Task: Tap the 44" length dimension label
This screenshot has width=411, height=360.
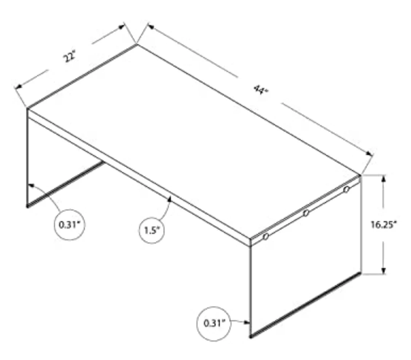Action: pyautogui.click(x=261, y=90)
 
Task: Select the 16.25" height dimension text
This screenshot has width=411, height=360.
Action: pyautogui.click(x=383, y=225)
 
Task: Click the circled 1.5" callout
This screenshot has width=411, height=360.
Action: pyautogui.click(x=151, y=230)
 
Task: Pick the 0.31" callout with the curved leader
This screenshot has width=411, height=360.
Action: pyautogui.click(x=70, y=225)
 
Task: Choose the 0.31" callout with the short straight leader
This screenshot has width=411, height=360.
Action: pyautogui.click(x=214, y=324)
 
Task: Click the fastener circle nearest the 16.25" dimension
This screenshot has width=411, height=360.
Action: pyautogui.click(x=347, y=189)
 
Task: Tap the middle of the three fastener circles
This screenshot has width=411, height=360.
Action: pyautogui.click(x=306, y=213)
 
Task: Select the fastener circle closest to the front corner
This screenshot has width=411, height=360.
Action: pyautogui.click(x=266, y=237)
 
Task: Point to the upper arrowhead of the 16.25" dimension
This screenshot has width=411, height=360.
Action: pyautogui.click(x=384, y=178)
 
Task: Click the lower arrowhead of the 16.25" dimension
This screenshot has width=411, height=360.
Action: pyautogui.click(x=384, y=271)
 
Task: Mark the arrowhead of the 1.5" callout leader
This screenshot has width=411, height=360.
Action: pyautogui.click(x=170, y=198)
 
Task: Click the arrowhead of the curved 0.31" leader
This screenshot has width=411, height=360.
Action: pyautogui.click(x=31, y=185)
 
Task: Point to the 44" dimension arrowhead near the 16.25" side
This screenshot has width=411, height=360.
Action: pyautogui.click(x=370, y=154)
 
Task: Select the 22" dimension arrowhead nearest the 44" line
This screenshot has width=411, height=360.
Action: pyautogui.click(x=122, y=27)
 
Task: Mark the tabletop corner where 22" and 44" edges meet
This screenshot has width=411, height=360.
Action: pyautogui.click(x=137, y=45)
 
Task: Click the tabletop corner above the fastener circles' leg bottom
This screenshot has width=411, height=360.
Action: pyautogui.click(x=361, y=175)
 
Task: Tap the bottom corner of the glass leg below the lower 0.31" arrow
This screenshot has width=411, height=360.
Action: pyautogui.click(x=250, y=337)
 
